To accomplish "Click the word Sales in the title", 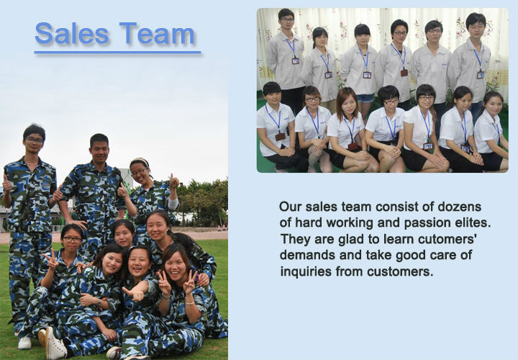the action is pos(72,33).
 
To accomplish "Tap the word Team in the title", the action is pos(157,33).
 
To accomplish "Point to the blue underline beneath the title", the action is pos(117,53).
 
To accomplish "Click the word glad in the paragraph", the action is pos(353,239).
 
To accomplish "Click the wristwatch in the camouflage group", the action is pos(99,302).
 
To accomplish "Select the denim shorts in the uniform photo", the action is pos(365,98).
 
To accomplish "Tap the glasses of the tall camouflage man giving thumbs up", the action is pos(34,140).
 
